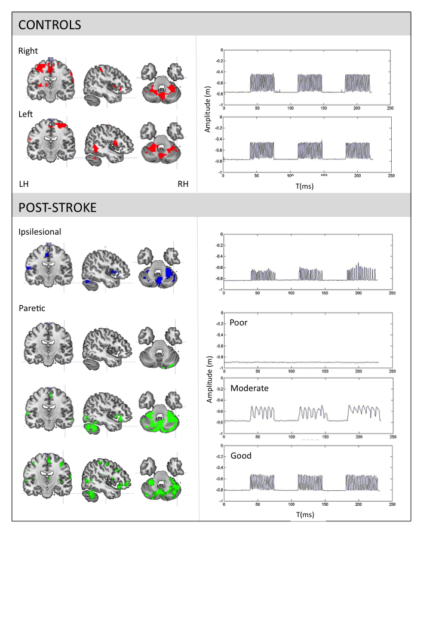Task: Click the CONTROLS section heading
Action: coord(50,25)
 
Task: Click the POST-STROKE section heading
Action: coord(57,208)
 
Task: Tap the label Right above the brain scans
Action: coord(28,51)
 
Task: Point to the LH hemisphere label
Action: coord(24,184)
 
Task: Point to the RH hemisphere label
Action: coord(183,184)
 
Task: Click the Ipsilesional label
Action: coord(39,232)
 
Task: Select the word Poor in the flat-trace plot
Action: coord(238,322)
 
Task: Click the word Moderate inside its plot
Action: coord(249,388)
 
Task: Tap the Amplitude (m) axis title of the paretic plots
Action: coord(209,382)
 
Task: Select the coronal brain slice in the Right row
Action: coord(50,82)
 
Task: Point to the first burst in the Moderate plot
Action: coord(262,413)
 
